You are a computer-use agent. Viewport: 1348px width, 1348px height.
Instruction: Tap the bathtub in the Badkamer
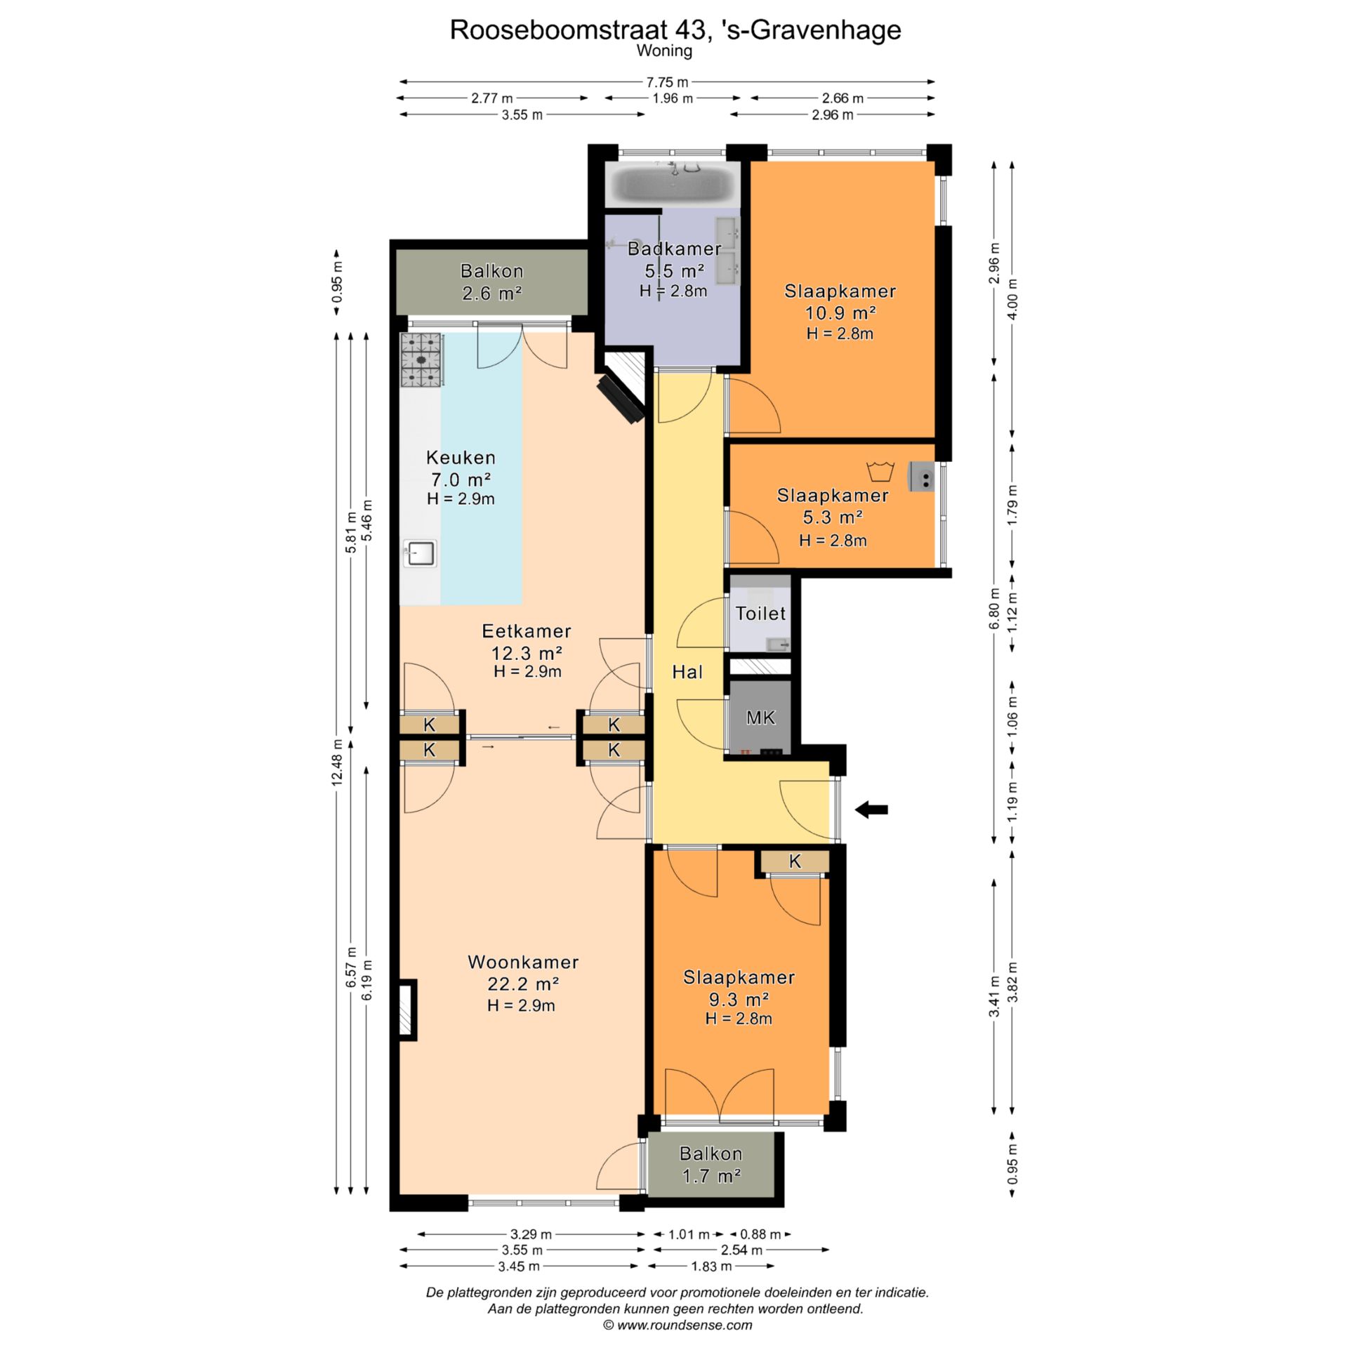[673, 183]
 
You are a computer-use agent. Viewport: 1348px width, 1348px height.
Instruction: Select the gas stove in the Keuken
[421, 360]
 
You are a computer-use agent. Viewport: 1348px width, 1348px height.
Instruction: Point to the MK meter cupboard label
[760, 718]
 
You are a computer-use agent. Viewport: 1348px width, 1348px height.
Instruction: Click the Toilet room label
[760, 614]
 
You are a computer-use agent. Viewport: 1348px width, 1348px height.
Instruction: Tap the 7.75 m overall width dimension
[666, 82]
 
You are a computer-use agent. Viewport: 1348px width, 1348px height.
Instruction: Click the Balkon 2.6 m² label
[491, 282]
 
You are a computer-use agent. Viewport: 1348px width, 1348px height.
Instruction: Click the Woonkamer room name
[523, 962]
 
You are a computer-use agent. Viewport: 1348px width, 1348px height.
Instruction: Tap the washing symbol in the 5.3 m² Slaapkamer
[877, 470]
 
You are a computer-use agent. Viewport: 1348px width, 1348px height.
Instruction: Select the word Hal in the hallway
[687, 672]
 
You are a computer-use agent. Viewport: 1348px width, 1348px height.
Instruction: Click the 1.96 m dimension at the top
[673, 98]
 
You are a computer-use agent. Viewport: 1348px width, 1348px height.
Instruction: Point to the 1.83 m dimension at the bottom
[711, 1286]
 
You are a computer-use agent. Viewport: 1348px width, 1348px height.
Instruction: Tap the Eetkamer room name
[527, 630]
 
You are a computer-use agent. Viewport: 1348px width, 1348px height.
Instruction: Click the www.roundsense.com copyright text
[678, 1325]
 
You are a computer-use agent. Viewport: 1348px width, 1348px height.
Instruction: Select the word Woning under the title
[664, 51]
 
